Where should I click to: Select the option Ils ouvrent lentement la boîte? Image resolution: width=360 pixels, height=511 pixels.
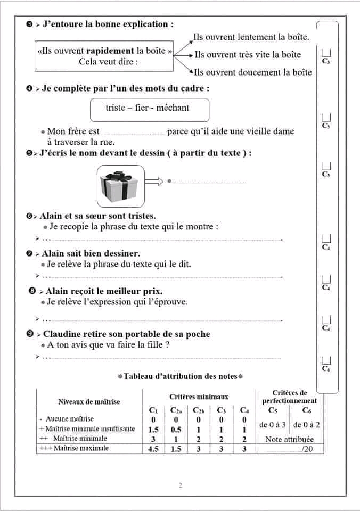[251, 37]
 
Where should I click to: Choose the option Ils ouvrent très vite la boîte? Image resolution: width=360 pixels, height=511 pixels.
[248, 54]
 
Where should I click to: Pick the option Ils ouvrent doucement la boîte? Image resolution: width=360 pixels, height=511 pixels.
[252, 72]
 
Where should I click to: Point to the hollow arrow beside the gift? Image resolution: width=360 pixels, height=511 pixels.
[153, 182]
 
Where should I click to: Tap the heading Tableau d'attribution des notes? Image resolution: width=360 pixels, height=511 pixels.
[180, 376]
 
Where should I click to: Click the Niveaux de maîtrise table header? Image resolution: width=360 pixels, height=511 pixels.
[89, 401]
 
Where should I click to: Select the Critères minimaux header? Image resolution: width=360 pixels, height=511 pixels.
[199, 397]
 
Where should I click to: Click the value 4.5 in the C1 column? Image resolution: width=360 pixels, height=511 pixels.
[153, 449]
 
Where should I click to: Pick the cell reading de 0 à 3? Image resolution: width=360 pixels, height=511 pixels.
[273, 425]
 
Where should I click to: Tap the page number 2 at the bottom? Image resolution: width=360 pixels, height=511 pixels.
[180, 485]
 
